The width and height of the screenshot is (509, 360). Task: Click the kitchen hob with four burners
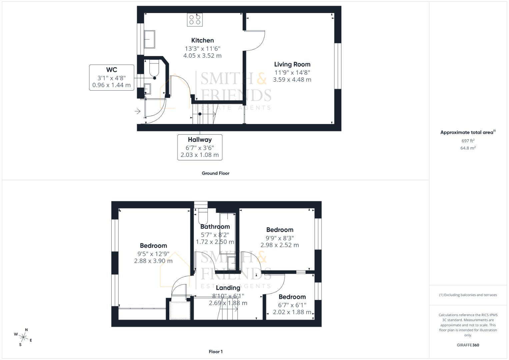[x=195, y=20]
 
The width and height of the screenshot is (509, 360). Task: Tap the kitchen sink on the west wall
[x=149, y=39]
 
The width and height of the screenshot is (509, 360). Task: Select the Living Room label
[x=292, y=64]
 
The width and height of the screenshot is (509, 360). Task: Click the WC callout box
[x=112, y=77]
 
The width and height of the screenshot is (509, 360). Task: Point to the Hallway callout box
[x=200, y=147]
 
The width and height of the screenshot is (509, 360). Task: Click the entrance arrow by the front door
[x=137, y=111]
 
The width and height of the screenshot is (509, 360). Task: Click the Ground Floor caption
[x=215, y=173]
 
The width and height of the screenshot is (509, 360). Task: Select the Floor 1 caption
[x=215, y=352]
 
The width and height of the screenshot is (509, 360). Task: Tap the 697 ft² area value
[x=468, y=141]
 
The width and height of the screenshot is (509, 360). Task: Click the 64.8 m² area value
[x=468, y=148]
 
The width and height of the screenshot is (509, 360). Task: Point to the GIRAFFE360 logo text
[x=468, y=345]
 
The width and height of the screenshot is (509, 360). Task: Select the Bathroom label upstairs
[x=215, y=227]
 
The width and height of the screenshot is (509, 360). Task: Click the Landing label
[x=228, y=288]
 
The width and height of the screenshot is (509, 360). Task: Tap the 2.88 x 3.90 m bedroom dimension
[x=153, y=261]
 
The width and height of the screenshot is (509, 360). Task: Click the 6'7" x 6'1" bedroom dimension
[x=292, y=305]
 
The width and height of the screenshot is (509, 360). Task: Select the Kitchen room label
[x=202, y=40]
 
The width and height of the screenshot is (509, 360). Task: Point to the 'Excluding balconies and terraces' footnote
[x=468, y=295]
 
